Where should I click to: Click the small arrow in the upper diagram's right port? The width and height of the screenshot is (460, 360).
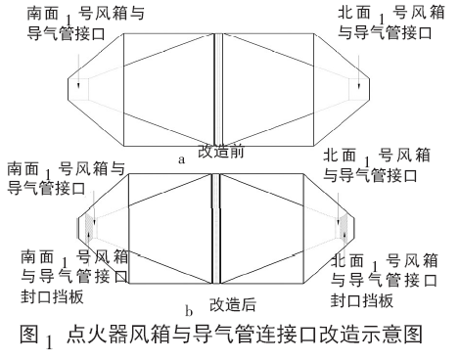click(x=362, y=87)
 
